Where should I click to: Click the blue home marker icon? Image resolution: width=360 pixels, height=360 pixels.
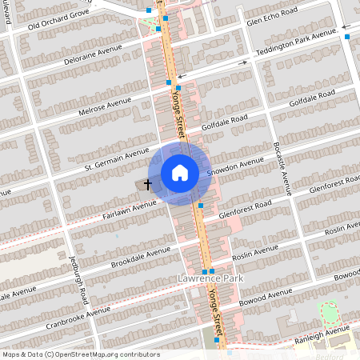tap(180, 172)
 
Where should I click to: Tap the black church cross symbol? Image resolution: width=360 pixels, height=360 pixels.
tap(148, 184)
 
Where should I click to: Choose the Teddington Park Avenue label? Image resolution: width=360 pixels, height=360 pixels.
tap(297, 42)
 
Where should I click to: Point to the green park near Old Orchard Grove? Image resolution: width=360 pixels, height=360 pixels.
tap(149, 22)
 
